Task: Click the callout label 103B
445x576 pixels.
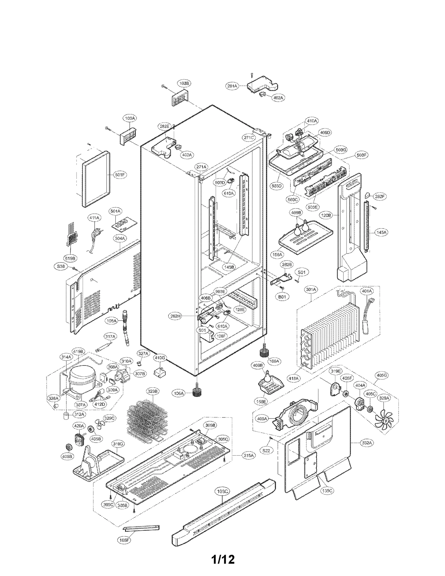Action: point(184,83)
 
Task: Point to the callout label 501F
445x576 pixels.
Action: point(120,175)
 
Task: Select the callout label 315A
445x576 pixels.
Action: point(249,455)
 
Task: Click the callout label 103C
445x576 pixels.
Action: point(222,491)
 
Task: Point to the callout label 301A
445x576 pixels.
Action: point(311,290)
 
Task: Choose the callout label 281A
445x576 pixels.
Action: point(232,86)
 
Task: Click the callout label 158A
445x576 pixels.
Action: point(277,254)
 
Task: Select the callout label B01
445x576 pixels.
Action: point(282,297)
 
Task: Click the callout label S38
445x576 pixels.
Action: point(60,266)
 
